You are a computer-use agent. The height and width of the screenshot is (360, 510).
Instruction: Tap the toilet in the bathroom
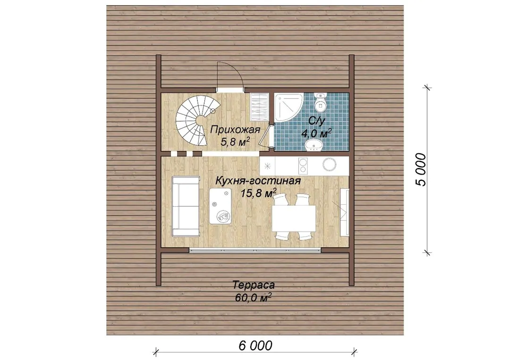pos(320,101)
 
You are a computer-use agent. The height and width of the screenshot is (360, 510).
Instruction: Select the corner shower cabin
pos(288,107)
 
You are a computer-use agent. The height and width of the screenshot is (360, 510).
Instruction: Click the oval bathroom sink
pos(313,145)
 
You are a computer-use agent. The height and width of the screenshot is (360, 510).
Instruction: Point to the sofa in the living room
pos(186,206)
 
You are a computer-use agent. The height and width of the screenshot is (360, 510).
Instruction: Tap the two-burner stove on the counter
pos(303,165)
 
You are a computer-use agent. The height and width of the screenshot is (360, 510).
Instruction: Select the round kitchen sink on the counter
pos(329,164)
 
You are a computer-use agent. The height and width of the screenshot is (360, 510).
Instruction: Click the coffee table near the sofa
pos(220,206)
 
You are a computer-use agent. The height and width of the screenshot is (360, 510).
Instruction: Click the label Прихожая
pos(235,130)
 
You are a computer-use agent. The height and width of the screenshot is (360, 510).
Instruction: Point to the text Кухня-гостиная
pos(258,181)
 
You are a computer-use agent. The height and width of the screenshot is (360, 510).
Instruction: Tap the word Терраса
pos(254,285)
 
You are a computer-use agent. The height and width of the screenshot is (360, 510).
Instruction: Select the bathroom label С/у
pos(316,122)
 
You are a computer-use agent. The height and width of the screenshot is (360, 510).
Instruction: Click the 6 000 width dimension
pos(255,345)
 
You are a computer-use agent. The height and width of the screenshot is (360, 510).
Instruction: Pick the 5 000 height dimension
pos(421,169)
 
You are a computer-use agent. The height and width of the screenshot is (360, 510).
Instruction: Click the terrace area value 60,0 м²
pos(254,297)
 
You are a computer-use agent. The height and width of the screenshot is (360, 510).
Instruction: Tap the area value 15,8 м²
pos(259,193)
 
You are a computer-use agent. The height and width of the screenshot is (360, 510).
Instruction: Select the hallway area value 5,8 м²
pos(235,142)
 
